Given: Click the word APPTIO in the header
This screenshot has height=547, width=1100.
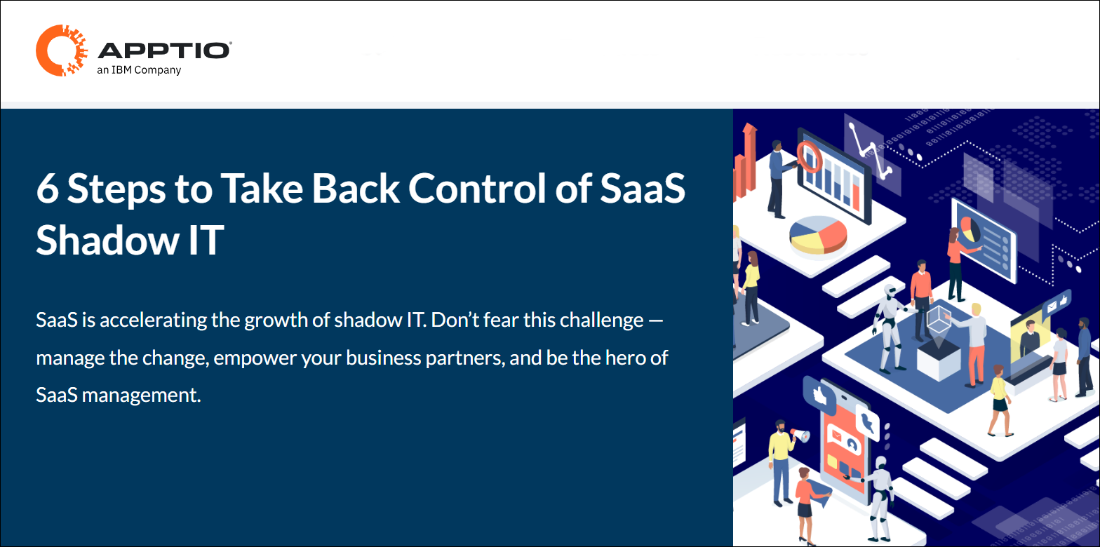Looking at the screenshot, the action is [164, 50].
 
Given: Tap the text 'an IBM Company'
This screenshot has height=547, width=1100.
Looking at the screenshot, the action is [139, 70].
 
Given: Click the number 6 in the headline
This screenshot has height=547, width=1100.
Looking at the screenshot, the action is [47, 189].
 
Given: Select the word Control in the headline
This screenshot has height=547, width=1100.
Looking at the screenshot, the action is [477, 188].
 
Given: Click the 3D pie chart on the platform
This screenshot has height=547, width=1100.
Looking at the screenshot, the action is [818, 235].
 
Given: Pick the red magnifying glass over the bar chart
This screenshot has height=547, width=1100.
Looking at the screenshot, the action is [807, 156].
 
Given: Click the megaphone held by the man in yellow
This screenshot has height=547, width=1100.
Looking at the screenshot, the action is [800, 435].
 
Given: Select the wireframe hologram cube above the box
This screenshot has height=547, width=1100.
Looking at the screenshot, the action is [939, 319].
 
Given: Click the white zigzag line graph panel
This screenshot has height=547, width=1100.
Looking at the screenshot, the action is [872, 153].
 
